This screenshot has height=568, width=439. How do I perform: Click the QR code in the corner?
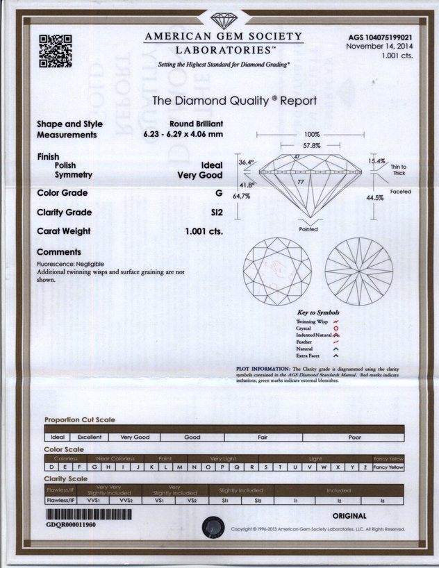pyautogui.click(x=55, y=50)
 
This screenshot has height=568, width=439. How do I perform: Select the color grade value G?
pyautogui.click(x=219, y=192)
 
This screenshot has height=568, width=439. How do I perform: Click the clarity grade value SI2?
pyautogui.click(x=216, y=212)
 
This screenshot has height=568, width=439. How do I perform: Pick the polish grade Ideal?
pyautogui.click(x=211, y=165)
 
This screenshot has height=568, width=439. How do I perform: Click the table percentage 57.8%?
pyautogui.click(x=310, y=147)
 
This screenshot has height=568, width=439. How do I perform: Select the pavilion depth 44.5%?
pyautogui.click(x=374, y=198)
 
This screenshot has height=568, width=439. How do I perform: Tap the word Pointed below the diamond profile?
pyautogui.click(x=308, y=228)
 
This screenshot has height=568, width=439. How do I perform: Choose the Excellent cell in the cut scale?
pyautogui.click(x=90, y=437)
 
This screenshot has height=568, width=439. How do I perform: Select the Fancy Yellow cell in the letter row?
pyautogui.click(x=388, y=467)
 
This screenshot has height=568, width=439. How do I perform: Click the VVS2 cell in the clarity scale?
pyautogui.click(x=125, y=499)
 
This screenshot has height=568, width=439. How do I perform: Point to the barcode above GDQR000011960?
pyautogui.click(x=88, y=515)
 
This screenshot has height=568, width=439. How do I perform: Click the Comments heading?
pyautogui.click(x=58, y=252)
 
